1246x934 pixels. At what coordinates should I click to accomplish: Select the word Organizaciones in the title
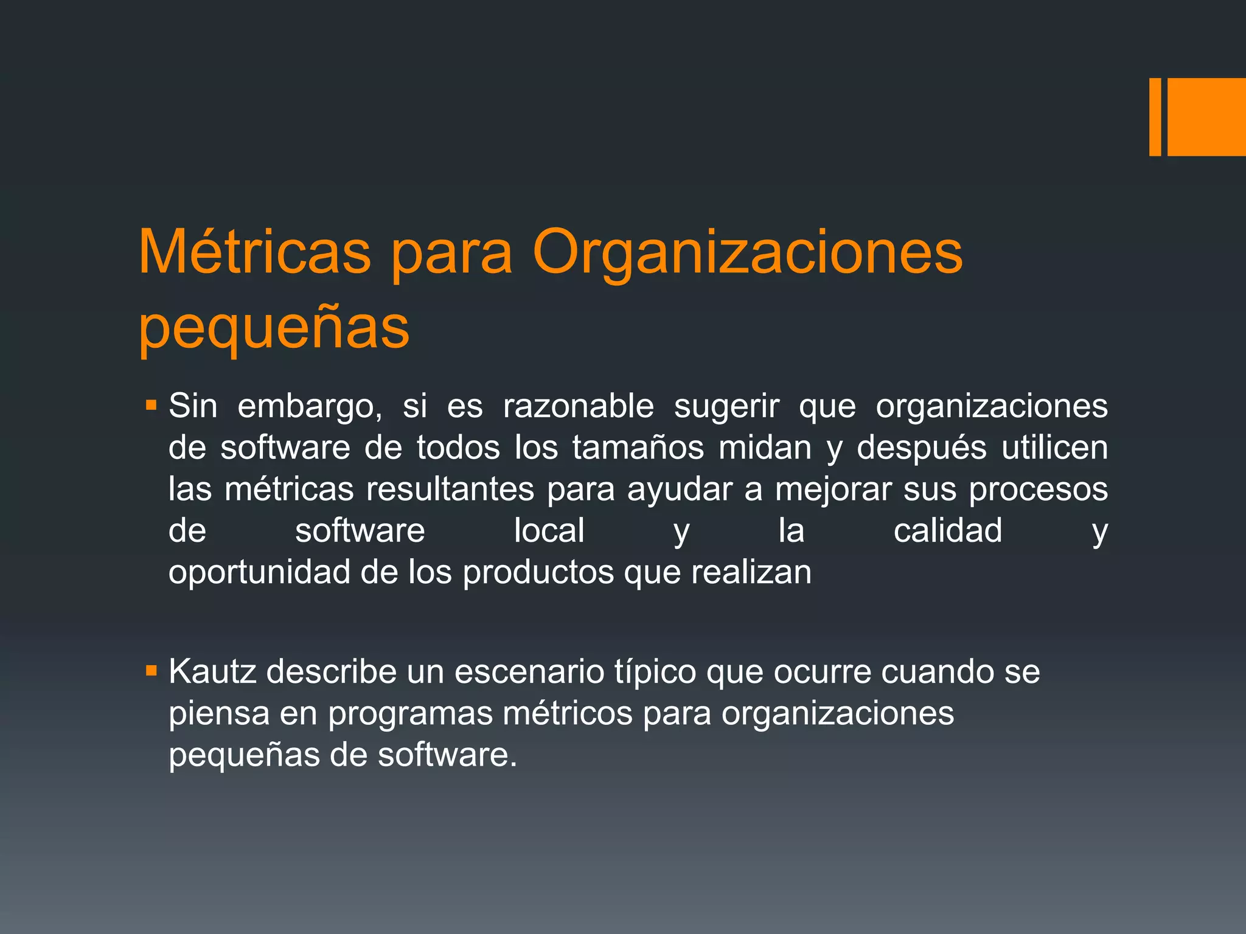point(748,253)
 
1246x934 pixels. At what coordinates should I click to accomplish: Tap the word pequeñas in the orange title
point(274,328)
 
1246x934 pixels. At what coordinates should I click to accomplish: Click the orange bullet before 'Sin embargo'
point(151,404)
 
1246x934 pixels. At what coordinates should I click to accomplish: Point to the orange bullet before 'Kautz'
point(151,671)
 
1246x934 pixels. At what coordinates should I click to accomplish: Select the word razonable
point(578,406)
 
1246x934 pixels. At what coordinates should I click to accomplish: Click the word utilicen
point(1054,448)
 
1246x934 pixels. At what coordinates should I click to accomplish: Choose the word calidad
point(947,530)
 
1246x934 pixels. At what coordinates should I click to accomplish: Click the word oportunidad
point(259,572)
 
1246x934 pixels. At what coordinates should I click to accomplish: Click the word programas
point(410,713)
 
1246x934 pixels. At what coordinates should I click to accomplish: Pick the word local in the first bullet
point(549,530)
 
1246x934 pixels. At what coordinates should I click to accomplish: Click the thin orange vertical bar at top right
point(1155,117)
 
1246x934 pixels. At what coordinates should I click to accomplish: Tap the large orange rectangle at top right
point(1206,117)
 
